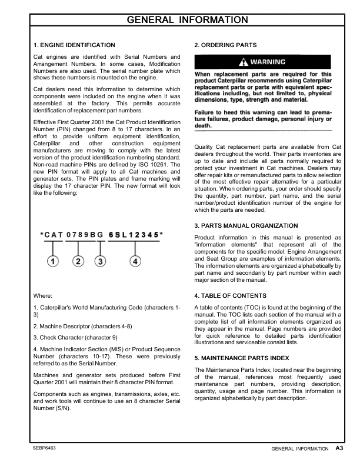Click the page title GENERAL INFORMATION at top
[x=188, y=20]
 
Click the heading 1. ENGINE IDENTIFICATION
[x=74, y=45]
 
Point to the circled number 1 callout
[x=53, y=261]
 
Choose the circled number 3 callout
[x=101, y=261]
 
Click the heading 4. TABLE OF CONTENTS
[x=234, y=295]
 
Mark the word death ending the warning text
[x=203, y=126]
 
